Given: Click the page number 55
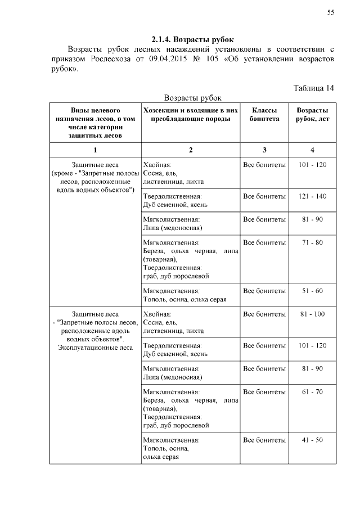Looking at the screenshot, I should pyautogui.click(x=331, y=13).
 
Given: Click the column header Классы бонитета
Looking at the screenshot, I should pyautogui.click(x=264, y=115).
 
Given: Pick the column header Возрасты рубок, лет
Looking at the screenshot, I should pyautogui.click(x=313, y=115).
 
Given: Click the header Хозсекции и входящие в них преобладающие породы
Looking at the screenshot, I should pyautogui.click(x=191, y=115).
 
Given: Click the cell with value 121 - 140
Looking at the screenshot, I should pyautogui.click(x=313, y=196).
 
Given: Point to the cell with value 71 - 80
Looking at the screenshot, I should pyautogui.click(x=313, y=242).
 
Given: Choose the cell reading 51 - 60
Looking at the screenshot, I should pyautogui.click(x=313, y=291).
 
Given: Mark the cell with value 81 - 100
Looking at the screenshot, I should pyautogui.click(x=313, y=314).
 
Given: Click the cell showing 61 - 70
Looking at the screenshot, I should pyautogui.click(x=313, y=391).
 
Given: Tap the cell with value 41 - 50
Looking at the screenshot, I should pyautogui.click(x=313, y=440).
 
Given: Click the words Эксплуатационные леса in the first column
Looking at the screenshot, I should pyautogui.click(x=95, y=348).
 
